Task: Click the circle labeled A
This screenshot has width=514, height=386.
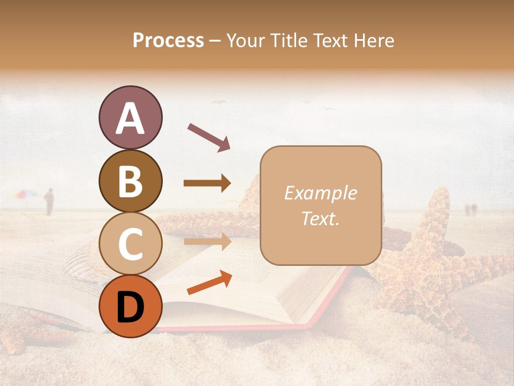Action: (x=130, y=117)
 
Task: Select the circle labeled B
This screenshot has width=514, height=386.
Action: (x=130, y=181)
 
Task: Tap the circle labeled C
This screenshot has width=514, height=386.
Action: (x=130, y=243)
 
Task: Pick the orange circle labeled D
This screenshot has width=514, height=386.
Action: (x=130, y=306)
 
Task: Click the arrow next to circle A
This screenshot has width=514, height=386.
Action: (x=209, y=137)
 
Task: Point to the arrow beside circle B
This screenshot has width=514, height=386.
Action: (x=208, y=183)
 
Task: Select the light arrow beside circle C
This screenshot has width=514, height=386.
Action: (x=208, y=241)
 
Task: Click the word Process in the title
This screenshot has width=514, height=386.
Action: (x=168, y=40)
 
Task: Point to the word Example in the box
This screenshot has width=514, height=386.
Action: (x=320, y=193)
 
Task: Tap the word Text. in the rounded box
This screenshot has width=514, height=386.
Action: (x=320, y=218)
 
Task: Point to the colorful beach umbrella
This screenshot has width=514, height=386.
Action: (x=26, y=194)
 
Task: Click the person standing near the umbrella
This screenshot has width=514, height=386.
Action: (x=49, y=202)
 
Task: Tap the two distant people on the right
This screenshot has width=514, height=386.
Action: (x=470, y=209)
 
